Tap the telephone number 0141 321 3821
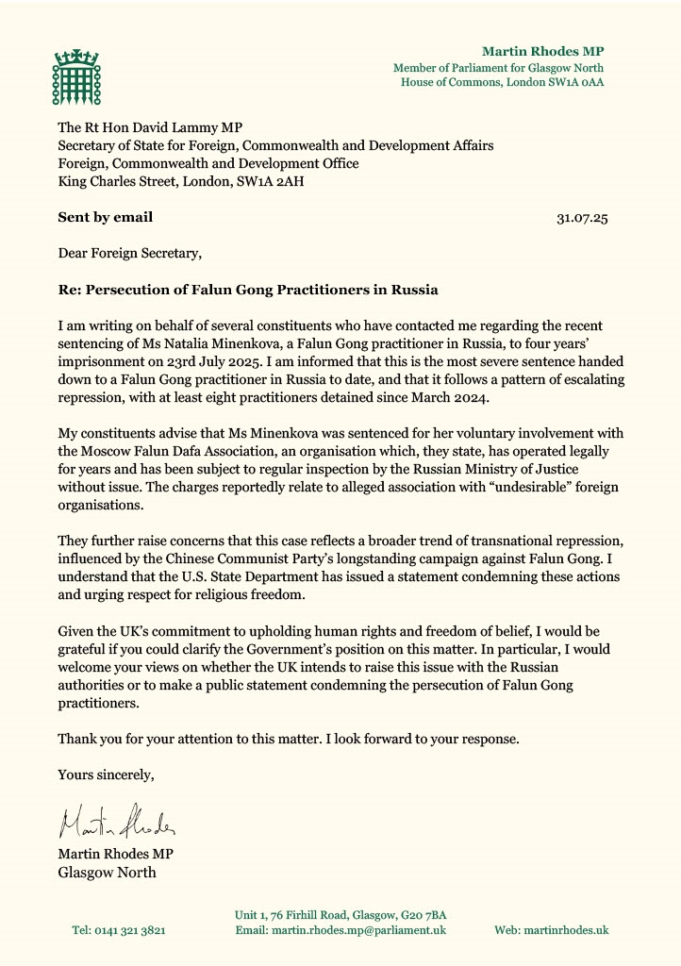(119, 930)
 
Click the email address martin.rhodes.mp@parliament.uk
(340, 930)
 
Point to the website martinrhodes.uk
(551, 930)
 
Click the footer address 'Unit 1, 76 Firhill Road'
(302, 914)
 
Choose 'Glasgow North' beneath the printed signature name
(107, 872)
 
